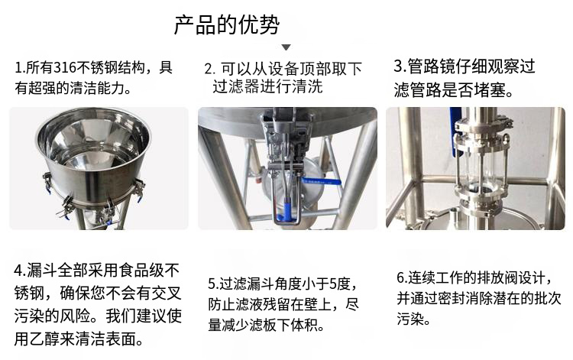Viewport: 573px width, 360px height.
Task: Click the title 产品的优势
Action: point(227,25)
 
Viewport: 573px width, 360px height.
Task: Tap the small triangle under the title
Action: point(286,47)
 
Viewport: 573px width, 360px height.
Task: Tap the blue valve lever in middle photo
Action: point(321,181)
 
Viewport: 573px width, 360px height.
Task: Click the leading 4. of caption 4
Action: point(20,271)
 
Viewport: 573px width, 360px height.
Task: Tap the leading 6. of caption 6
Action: point(403,277)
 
